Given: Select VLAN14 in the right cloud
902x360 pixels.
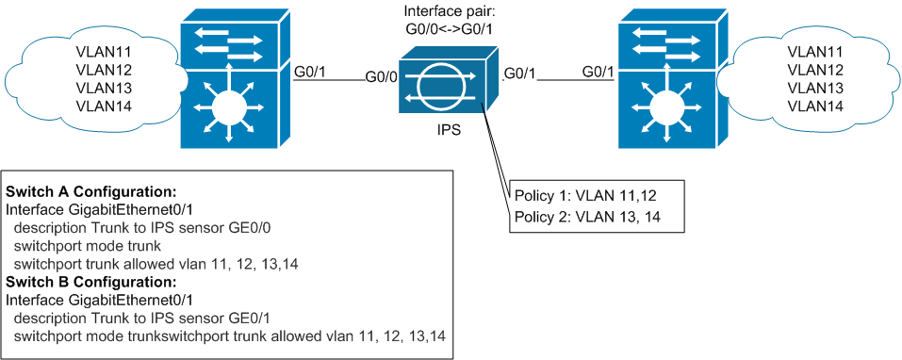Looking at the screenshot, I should tap(813, 105).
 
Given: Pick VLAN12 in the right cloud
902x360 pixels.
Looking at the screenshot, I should tap(813, 70).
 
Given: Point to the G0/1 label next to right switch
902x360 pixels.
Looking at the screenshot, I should tap(602, 72).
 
